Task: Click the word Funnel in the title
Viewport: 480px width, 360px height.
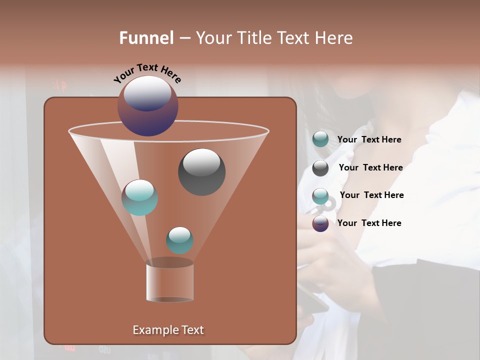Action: tap(146, 38)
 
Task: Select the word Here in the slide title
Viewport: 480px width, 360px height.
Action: tap(333, 38)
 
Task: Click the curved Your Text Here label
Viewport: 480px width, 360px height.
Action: tap(147, 72)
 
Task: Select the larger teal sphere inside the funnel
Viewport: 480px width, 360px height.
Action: tap(140, 198)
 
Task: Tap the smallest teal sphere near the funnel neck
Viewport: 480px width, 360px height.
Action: tap(179, 241)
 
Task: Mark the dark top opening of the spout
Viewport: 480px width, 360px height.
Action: tap(170, 262)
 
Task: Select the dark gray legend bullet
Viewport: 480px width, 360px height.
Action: tap(320, 168)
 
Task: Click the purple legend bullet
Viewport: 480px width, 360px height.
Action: tap(320, 223)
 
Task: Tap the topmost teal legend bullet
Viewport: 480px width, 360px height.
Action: tap(320, 139)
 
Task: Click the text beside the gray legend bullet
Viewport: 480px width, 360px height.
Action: tap(370, 167)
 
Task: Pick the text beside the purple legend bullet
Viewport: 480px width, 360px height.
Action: tap(369, 223)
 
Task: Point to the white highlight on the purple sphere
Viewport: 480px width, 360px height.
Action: tap(147, 93)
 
